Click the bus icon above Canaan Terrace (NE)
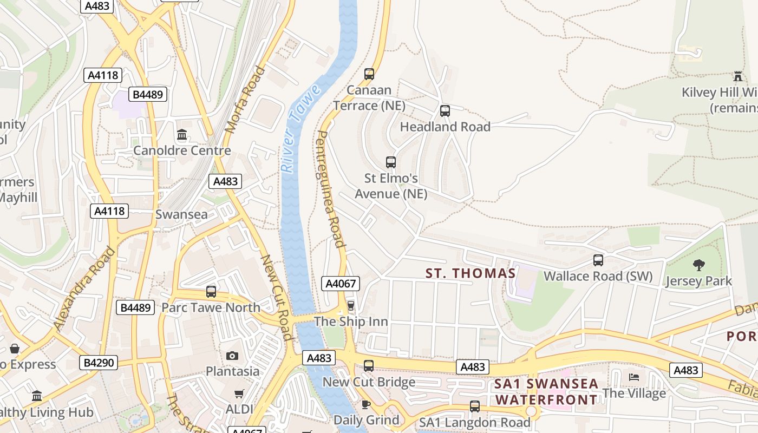(x=369, y=74)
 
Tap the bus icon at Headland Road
(x=445, y=111)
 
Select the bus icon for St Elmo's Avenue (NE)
(x=391, y=162)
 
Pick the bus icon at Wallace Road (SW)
(x=598, y=260)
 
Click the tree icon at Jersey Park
(x=699, y=265)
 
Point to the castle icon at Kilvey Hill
(x=737, y=76)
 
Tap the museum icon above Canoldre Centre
(x=182, y=134)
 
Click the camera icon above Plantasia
(x=232, y=356)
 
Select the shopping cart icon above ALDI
(x=239, y=393)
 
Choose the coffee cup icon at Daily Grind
(x=366, y=404)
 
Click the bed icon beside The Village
(x=634, y=377)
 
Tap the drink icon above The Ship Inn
(x=351, y=306)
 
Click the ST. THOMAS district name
(x=471, y=273)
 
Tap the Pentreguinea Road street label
(x=330, y=189)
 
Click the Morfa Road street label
(x=245, y=100)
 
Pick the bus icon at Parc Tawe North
(x=211, y=292)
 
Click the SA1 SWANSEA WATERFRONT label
(x=547, y=392)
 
